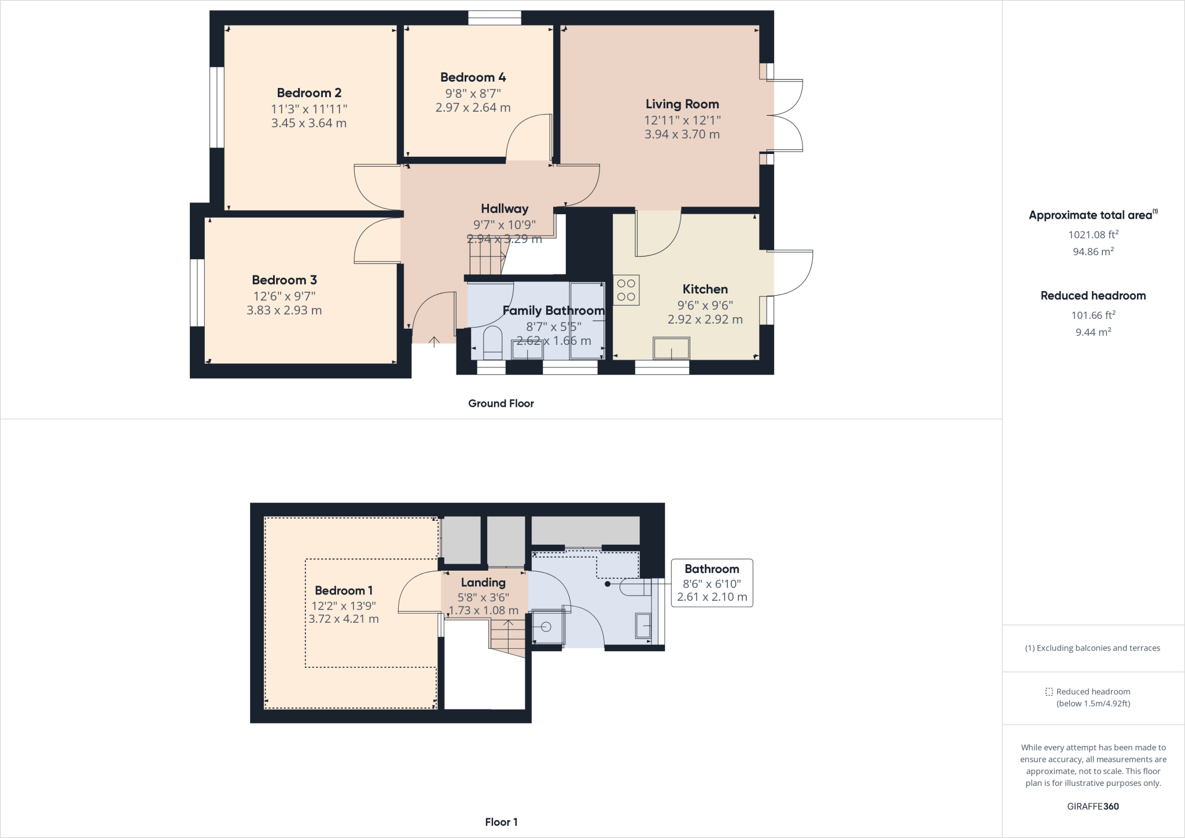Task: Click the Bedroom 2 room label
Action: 309,93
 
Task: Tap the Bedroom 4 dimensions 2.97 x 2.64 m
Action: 473,108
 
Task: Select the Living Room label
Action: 682,104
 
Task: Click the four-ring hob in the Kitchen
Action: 626,290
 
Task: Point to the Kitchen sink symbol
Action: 671,349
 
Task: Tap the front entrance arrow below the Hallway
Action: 434,341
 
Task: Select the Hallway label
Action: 505,208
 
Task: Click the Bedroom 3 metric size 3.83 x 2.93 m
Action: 284,310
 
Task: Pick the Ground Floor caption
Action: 501,403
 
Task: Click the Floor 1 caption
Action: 501,822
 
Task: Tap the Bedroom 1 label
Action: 344,590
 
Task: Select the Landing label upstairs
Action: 483,583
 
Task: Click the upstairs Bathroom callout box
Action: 712,583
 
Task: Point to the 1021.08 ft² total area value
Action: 1093,234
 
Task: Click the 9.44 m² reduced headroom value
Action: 1093,332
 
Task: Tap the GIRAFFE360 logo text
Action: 1092,806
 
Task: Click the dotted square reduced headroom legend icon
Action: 1049,692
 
